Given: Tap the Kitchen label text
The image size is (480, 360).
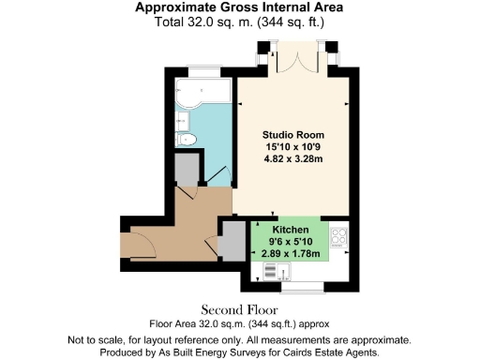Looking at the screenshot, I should tap(291, 230).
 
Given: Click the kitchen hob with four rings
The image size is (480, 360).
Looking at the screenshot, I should tap(338, 238).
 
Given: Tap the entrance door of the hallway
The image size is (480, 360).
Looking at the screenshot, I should tap(141, 246).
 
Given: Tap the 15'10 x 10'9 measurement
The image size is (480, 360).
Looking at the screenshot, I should tap(291, 146).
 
